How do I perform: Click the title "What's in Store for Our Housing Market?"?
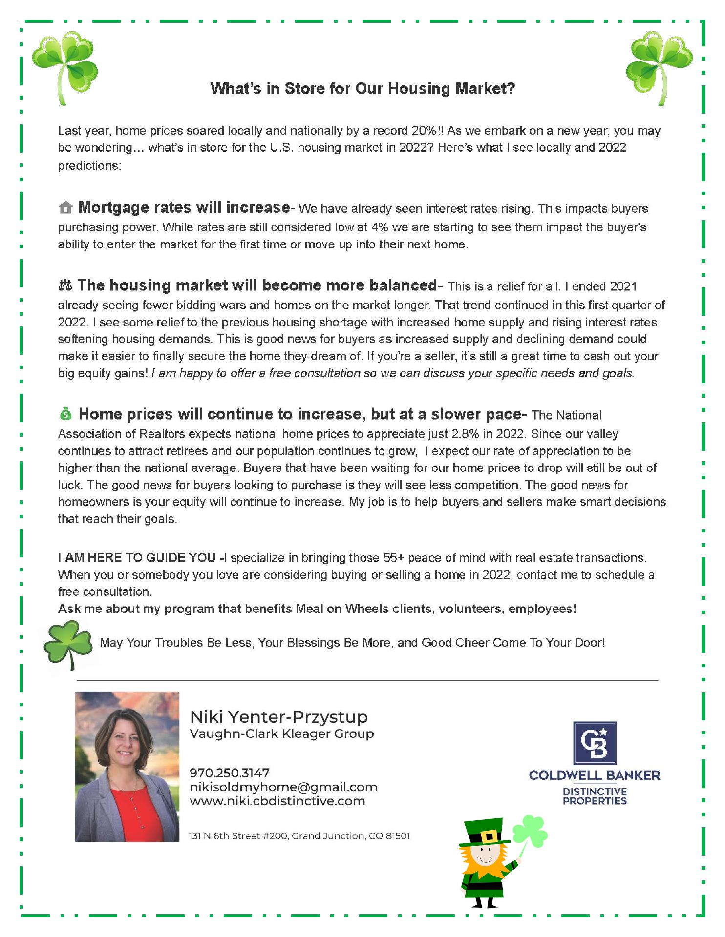[362, 89]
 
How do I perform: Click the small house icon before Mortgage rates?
[65, 208]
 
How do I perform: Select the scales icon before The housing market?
[64, 285]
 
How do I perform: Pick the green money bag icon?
[65, 414]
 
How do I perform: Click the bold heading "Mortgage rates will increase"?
[184, 207]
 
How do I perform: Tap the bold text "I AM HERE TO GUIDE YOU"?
[137, 558]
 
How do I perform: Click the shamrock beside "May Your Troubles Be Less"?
[67, 643]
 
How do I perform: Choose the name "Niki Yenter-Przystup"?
[278, 717]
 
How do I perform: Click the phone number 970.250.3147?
[229, 773]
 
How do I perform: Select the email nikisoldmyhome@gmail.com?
[283, 787]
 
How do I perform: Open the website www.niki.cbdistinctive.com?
[277, 801]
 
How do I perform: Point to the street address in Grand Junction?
[299, 836]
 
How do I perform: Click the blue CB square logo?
[594, 742]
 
